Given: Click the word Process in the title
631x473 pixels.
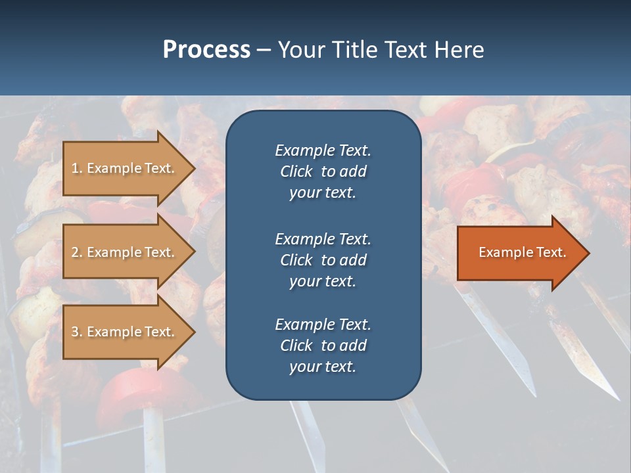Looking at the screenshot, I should coord(206,50).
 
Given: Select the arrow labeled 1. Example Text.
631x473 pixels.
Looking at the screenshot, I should coord(125,168).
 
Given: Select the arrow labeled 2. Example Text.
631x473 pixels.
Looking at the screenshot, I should coord(125,252).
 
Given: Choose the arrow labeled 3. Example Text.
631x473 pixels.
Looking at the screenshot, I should coord(125,332).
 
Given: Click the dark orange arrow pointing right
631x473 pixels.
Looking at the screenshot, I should coord(519,253).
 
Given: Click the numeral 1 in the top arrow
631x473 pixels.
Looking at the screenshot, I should coord(75,168).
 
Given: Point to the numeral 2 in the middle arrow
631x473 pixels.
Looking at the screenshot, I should coord(75,252).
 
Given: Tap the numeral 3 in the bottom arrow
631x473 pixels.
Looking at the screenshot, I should coord(75,332).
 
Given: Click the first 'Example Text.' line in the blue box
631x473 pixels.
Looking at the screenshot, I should coord(323,150).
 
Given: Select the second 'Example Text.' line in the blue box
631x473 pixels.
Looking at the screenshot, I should coord(323,238).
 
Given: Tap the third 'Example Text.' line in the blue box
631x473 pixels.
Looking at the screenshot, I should coord(323,325).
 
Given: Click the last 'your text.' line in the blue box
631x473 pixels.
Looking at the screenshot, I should coord(323,367).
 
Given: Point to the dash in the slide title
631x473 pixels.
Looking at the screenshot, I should coord(264,51).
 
